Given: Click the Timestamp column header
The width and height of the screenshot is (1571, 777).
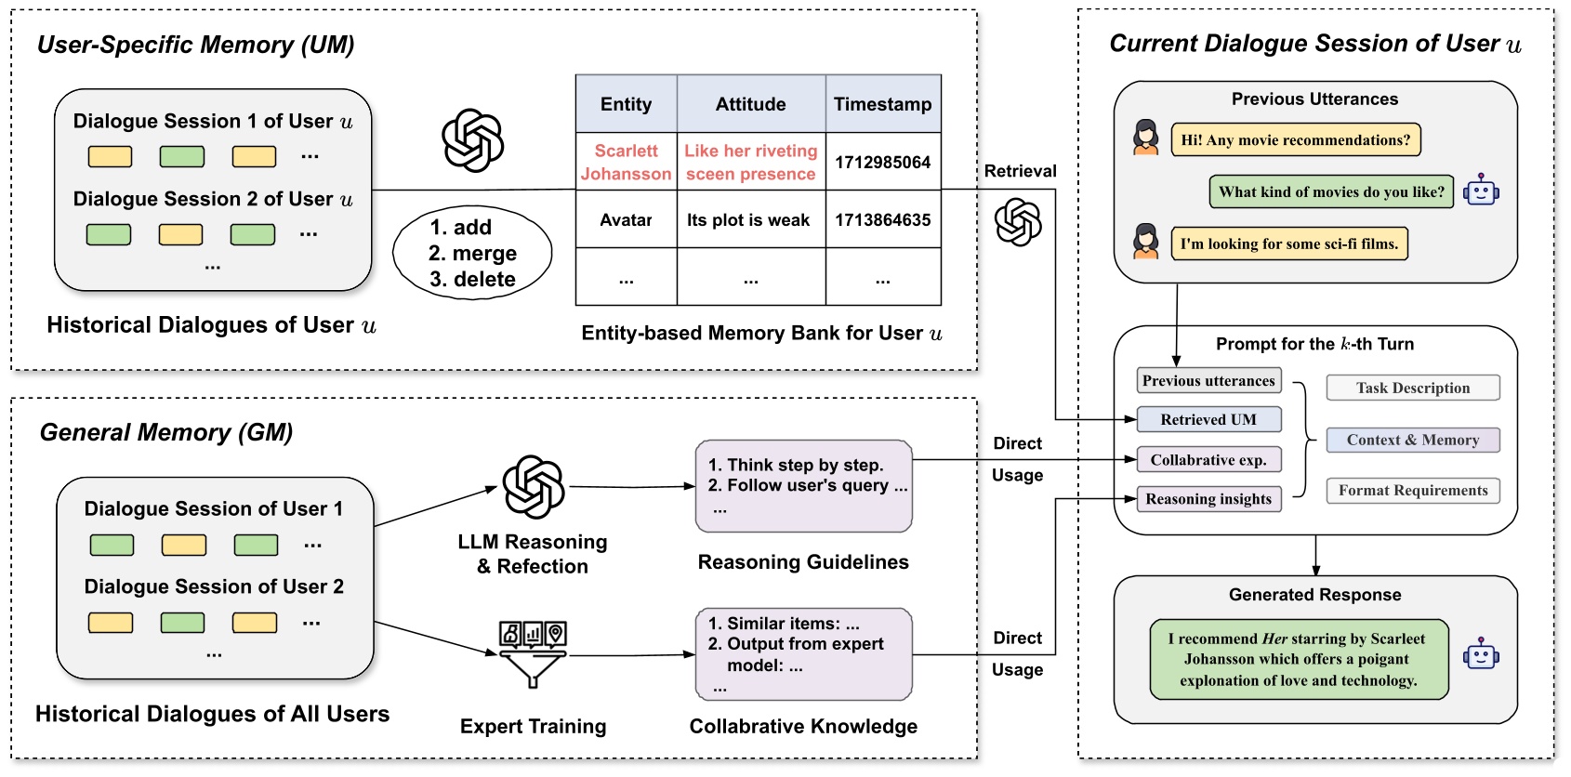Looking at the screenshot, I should [882, 104].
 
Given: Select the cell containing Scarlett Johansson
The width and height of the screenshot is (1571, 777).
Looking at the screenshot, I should [626, 162].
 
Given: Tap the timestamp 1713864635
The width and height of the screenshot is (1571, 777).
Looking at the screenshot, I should [882, 220].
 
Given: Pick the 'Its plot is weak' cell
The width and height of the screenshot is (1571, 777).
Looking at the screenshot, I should [749, 220].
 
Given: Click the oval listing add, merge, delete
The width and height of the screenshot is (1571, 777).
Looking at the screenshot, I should [472, 253].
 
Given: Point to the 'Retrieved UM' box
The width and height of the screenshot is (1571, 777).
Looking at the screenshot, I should [1208, 420].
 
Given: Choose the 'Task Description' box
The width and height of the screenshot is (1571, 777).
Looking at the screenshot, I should [1412, 388].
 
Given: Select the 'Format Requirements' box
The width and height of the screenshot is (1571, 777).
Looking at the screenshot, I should [1412, 491].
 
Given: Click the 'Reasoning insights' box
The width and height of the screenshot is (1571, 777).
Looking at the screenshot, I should [1208, 499].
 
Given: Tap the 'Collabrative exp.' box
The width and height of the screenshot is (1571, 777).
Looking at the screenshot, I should [1208, 460].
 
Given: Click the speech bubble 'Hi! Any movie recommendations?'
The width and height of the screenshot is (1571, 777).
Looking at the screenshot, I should [1295, 140].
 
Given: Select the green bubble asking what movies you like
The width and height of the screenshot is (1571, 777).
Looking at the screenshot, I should [1331, 192].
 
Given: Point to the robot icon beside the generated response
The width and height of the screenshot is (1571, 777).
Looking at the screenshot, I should [1481, 655].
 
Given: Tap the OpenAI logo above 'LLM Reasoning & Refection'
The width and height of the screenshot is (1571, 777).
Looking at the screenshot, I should [533, 486].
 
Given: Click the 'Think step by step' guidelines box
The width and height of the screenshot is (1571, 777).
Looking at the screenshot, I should [803, 486].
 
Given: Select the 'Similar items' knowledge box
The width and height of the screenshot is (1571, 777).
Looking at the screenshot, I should [803, 654].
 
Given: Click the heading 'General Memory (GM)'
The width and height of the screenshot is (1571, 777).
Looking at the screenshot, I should [166, 433].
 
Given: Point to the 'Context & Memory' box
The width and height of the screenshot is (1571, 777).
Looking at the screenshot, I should [1412, 441].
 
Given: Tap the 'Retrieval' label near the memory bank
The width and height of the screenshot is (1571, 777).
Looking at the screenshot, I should [1020, 171].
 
